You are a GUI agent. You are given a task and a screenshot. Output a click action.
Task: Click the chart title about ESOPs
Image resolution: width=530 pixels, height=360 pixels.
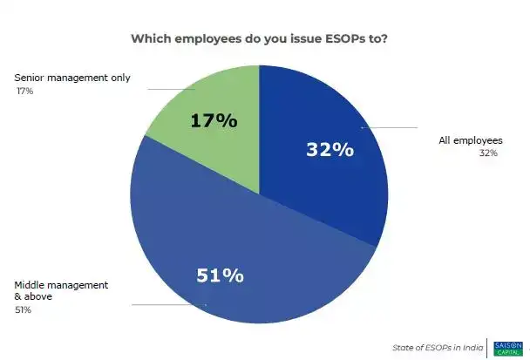click(260, 39)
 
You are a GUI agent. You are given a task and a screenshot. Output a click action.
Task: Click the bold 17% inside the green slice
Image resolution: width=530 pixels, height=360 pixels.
click(214, 121)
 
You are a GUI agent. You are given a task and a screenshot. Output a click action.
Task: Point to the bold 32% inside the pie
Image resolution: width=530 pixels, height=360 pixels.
click(330, 149)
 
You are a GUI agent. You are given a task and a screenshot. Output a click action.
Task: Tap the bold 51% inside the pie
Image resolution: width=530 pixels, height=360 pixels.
click(220, 275)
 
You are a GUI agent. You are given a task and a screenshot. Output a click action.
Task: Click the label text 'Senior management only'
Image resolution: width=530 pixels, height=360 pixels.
click(73, 78)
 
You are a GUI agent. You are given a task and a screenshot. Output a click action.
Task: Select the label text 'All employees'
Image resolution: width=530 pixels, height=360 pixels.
click(471, 140)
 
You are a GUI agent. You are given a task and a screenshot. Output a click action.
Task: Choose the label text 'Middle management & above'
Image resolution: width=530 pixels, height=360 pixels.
click(60, 290)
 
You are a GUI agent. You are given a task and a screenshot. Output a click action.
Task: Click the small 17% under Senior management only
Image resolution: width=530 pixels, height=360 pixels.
click(24, 91)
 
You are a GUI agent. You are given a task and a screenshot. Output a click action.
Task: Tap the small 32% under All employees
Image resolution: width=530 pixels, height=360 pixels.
click(488, 153)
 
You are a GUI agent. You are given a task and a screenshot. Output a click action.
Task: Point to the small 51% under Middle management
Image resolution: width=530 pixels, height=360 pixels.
click(22, 309)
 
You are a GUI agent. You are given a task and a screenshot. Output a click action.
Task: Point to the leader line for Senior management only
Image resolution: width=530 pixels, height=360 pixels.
click(170, 88)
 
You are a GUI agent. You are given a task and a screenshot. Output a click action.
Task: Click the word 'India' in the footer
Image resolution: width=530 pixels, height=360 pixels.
click(472, 347)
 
